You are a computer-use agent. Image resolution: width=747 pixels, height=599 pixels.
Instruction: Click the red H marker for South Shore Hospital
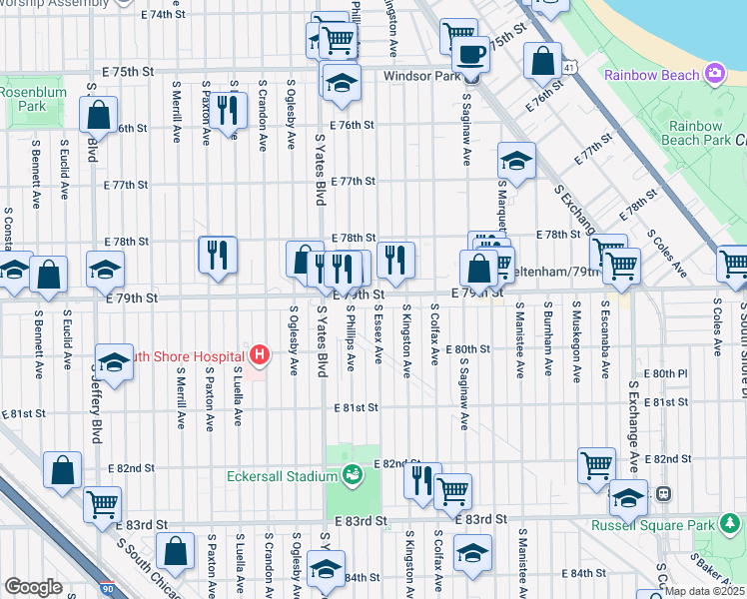pos(260,354)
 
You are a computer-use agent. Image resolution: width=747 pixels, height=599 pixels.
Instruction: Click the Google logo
pos(33,587)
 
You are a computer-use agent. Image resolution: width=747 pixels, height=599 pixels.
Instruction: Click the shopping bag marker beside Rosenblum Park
pos(99,117)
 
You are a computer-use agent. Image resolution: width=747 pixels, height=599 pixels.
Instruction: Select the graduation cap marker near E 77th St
pos(516,161)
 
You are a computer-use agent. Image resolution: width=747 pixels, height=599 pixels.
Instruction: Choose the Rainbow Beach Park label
pos(698,133)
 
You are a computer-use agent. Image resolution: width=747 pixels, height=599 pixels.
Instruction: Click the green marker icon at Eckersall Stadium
pos(352,475)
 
